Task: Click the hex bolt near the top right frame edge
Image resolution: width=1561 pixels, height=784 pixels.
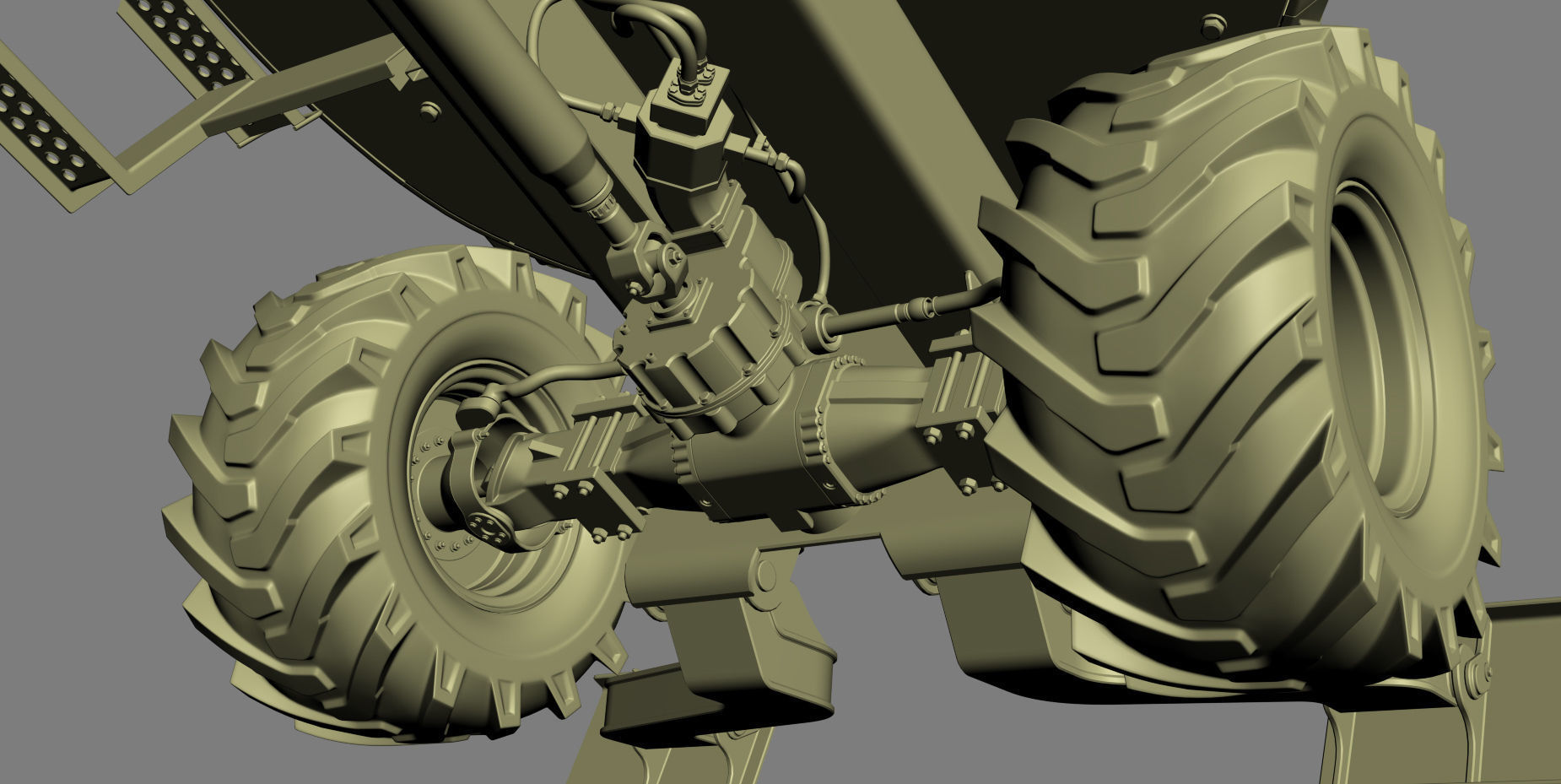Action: (1210, 19)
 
